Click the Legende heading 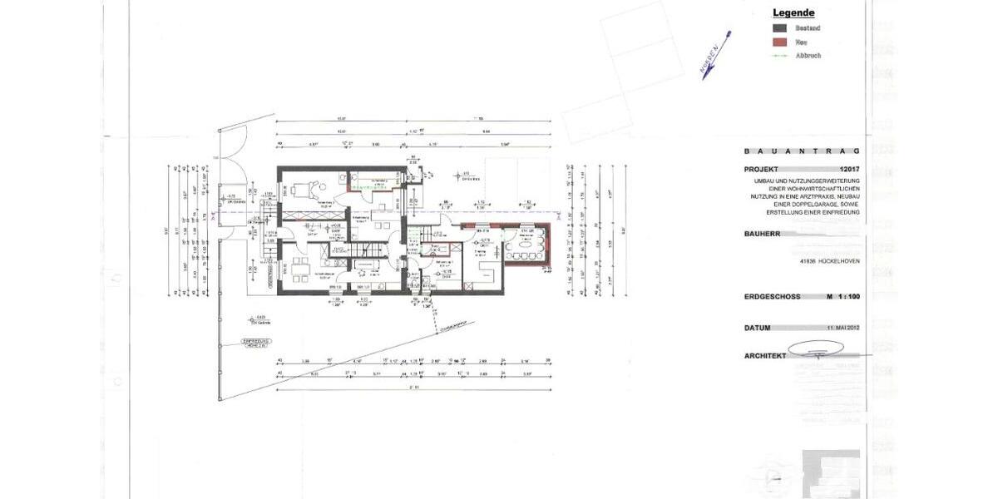[793, 12]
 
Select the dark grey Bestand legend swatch [779, 28]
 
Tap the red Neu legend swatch [779, 42]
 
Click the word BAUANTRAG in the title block [802, 151]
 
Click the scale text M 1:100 [842, 296]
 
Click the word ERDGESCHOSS [773, 296]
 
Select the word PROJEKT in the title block [763, 168]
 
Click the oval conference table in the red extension [526, 246]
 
